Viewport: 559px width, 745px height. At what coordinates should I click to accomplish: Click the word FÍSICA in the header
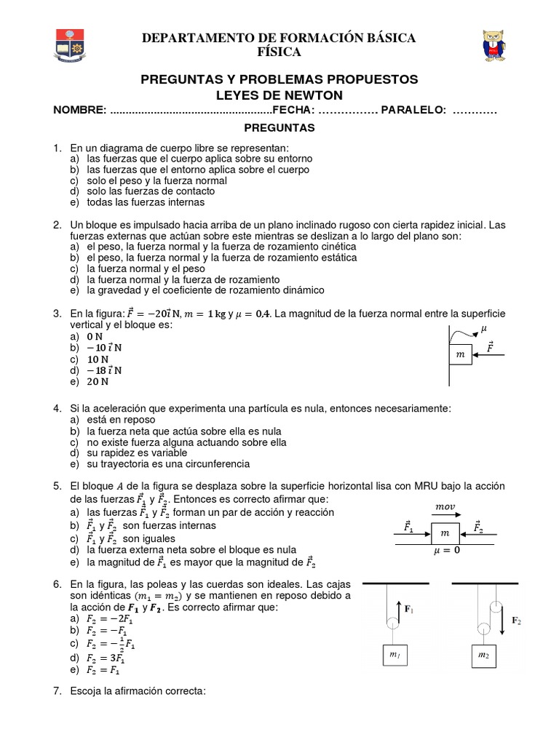point(279,52)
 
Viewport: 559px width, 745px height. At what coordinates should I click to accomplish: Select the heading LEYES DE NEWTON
point(279,96)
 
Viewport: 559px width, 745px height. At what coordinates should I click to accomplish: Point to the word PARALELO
point(413,110)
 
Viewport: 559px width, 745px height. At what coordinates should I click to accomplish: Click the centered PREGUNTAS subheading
point(279,128)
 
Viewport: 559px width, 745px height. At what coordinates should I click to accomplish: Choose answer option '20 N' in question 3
point(98,381)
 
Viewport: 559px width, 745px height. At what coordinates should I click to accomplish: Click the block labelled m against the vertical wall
point(459,354)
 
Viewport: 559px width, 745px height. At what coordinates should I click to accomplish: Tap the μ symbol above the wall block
point(484,329)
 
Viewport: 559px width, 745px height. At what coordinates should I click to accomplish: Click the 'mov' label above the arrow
point(444,506)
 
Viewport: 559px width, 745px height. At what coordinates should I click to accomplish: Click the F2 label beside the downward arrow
point(516,621)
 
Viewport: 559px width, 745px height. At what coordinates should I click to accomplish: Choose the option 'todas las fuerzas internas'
point(145,202)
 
